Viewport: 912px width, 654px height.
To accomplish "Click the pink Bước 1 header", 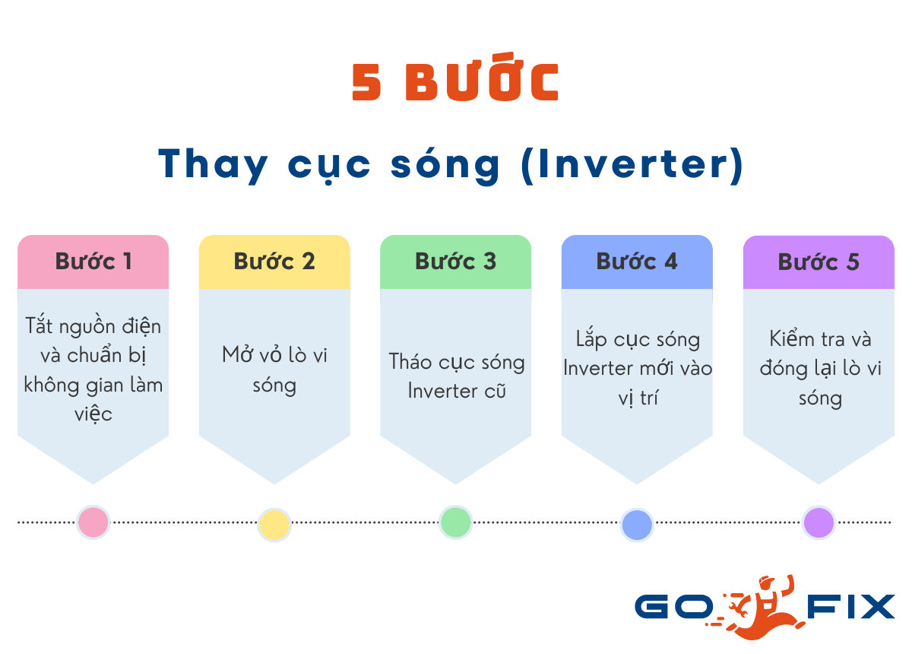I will [x=93, y=262].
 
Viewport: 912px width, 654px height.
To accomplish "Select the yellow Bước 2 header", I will [x=274, y=262].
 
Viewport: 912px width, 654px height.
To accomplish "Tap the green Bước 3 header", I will [x=455, y=262].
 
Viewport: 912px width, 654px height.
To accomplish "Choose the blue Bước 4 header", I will [x=637, y=262].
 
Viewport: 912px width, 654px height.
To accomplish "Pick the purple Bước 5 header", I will [x=819, y=262].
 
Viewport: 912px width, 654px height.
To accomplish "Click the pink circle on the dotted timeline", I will [x=93, y=522].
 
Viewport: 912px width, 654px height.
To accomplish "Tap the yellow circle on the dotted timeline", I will [x=274, y=525].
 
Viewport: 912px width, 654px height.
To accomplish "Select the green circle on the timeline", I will [x=455, y=522].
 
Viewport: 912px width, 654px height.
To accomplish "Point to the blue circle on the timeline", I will [x=637, y=525].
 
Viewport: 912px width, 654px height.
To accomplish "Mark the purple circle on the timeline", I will [x=819, y=523].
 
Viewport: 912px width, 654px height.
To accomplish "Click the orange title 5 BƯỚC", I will [x=456, y=82].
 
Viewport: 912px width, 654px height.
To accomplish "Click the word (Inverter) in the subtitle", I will [x=632, y=164].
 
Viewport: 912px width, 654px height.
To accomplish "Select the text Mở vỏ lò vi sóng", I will [x=274, y=370].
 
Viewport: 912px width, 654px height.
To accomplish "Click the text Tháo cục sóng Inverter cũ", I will [x=456, y=376].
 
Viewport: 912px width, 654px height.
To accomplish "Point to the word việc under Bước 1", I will [x=93, y=414].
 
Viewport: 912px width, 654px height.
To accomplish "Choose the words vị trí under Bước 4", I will [x=637, y=398].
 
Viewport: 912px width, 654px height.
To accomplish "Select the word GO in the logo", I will [x=673, y=607].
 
